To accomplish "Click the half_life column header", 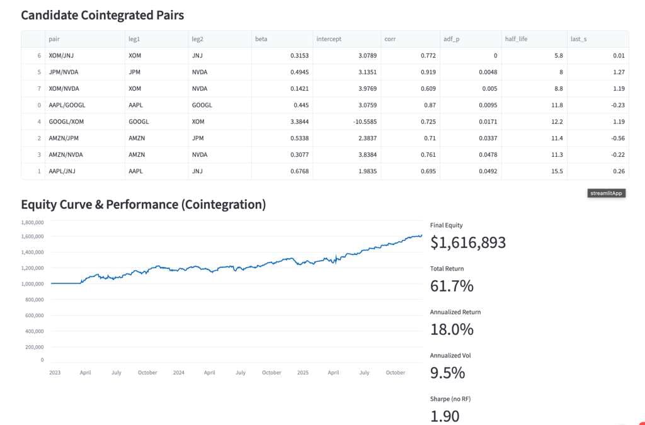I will click(517, 39).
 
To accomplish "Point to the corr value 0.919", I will click(428, 72).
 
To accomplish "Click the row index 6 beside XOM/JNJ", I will click(39, 55).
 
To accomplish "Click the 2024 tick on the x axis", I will click(179, 373).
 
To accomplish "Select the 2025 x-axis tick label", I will click(303, 373).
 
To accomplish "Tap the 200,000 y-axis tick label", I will click(34, 347).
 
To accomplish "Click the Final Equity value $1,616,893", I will click(467, 242).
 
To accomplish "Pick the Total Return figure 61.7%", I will click(452, 286).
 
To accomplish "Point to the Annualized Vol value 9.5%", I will click(447, 373).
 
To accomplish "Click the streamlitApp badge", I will click(606, 193).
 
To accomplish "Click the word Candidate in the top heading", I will click(52, 14).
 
